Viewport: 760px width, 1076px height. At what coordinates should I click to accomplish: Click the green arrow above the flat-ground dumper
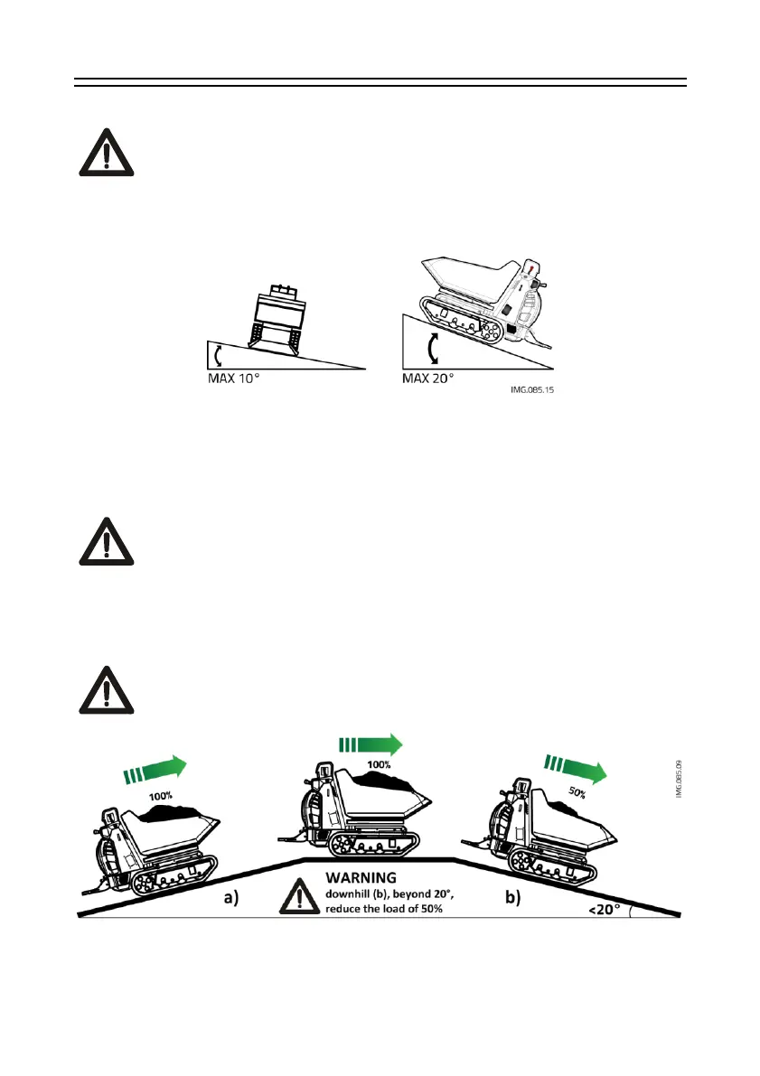click(370, 744)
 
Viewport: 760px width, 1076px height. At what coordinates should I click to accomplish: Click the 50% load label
click(576, 794)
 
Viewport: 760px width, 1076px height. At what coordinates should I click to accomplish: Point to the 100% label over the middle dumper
click(379, 765)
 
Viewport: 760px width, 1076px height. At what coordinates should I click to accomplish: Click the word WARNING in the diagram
click(361, 875)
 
